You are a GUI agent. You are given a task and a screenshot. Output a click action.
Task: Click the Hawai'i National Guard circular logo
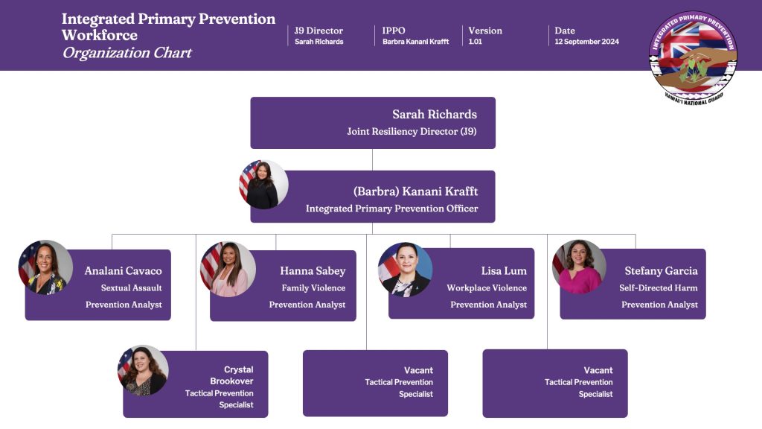[693, 56]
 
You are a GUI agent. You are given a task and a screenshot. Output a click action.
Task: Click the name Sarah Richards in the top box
[435, 115]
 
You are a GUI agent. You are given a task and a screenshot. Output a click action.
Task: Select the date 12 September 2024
[586, 42]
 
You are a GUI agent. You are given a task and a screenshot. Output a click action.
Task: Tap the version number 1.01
[475, 42]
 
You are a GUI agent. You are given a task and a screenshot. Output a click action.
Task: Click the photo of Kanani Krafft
[263, 184]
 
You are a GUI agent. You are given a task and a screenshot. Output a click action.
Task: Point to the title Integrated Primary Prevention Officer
[391, 209]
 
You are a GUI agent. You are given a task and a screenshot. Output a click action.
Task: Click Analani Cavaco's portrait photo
[45, 267]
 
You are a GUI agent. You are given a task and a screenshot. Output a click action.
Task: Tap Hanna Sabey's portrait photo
[228, 268]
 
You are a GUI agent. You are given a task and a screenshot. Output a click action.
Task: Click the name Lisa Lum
[504, 271]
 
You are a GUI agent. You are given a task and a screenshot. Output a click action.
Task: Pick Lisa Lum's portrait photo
[405, 270]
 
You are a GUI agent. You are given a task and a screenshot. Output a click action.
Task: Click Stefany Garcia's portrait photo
[579, 266]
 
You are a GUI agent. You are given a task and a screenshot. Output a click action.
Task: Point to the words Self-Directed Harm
[658, 287]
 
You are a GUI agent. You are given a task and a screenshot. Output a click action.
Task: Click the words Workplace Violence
[487, 287]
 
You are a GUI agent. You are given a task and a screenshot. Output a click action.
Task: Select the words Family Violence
[313, 287]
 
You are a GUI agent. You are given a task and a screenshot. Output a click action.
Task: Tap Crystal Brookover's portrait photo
[144, 370]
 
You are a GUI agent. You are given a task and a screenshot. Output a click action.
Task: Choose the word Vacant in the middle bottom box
[418, 370]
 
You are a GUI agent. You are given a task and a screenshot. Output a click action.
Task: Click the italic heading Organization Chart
[127, 53]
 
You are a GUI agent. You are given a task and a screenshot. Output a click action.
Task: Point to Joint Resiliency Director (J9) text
[412, 131]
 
